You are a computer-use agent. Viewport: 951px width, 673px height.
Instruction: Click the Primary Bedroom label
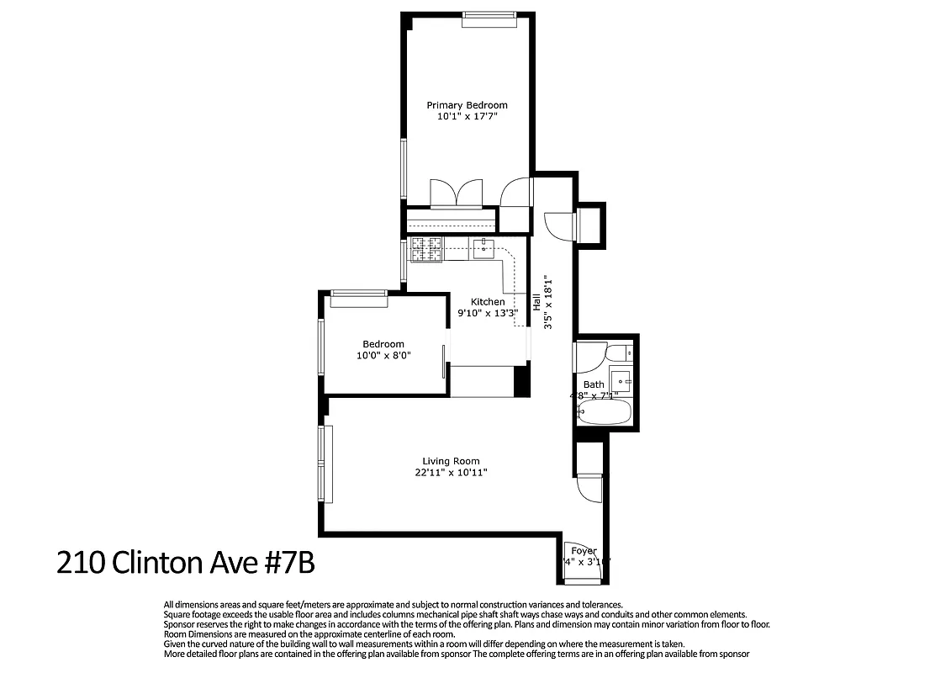467,105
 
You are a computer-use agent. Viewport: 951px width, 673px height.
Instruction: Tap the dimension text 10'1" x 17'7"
467,118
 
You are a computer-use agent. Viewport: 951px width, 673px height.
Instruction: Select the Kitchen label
488,302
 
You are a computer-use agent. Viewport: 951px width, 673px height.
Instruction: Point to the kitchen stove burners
426,249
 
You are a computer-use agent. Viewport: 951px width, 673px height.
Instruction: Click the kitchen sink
484,248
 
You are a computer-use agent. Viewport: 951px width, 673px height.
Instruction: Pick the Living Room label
451,461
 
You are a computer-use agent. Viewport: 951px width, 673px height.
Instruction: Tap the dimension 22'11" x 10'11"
451,473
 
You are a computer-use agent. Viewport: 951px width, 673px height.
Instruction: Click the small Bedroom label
383,344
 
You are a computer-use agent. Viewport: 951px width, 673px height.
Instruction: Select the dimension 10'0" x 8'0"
383,356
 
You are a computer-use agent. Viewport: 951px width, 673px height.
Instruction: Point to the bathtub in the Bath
604,413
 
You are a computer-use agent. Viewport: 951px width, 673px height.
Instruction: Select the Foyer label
584,552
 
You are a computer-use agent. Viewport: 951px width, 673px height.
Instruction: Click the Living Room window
325,464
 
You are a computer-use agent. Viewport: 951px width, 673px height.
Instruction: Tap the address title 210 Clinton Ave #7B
185,561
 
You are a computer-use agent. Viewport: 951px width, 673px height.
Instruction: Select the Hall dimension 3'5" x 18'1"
548,302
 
